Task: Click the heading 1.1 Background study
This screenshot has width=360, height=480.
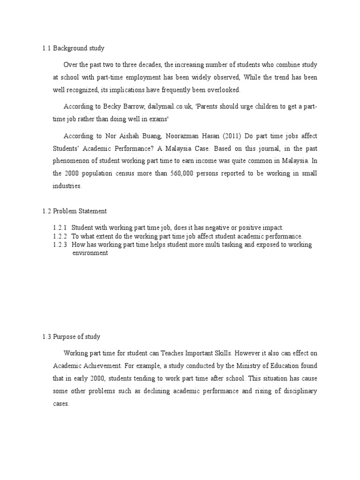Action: pos(73,48)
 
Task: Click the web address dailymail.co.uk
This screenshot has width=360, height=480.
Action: pos(171,107)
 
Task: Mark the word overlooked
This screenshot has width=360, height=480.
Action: pos(209,89)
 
